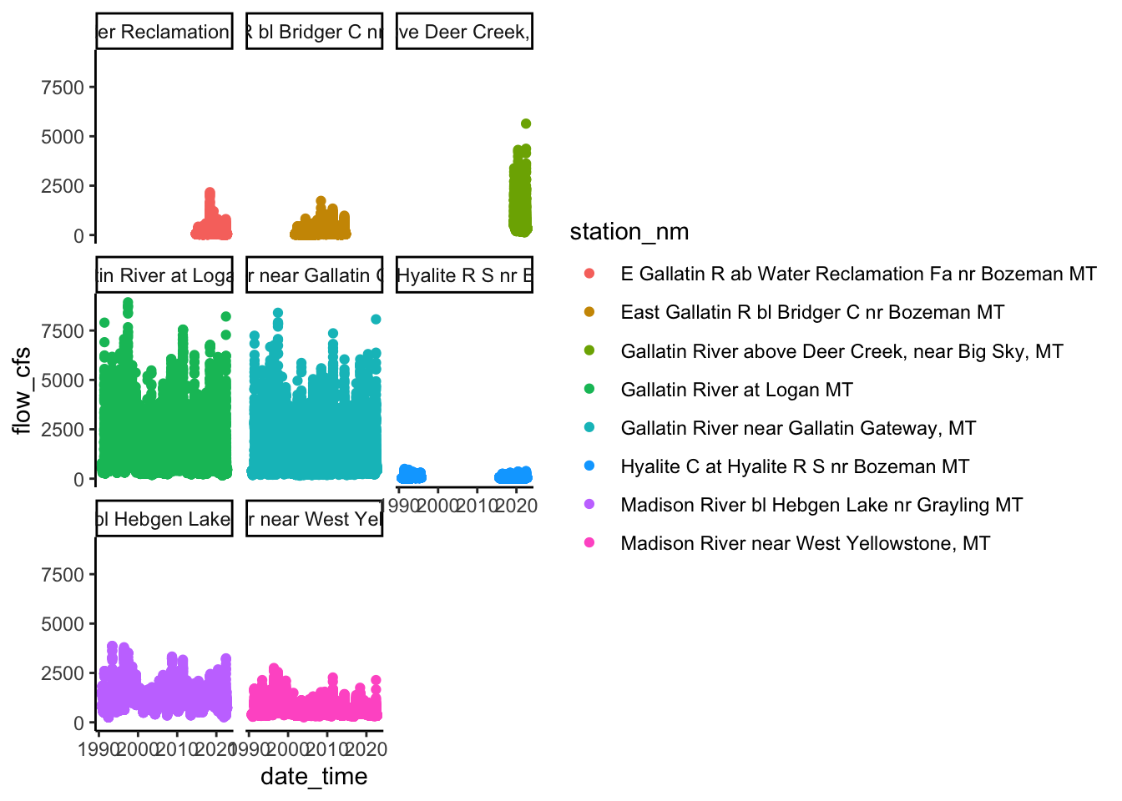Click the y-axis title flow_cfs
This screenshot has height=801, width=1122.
pos(22,390)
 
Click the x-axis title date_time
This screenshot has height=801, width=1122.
pos(314,777)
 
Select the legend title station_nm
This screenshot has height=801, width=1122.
pos(629,232)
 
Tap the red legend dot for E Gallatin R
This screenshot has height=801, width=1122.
pos(589,274)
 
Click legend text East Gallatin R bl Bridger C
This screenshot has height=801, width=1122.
pos(812,313)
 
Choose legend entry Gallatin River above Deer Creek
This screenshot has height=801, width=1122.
pos(841,351)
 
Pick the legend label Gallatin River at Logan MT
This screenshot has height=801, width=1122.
pos(736,390)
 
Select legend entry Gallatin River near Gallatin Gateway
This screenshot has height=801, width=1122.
pos(798,428)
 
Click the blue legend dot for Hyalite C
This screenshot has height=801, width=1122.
pos(589,466)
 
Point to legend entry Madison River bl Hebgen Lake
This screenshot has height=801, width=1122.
pos(821,505)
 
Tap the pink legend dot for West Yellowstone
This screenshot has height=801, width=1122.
pos(589,543)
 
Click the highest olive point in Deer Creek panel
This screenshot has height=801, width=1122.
pos(526,123)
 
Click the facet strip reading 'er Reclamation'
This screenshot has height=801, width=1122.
pos(164,32)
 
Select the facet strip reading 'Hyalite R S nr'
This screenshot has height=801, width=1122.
pos(464,275)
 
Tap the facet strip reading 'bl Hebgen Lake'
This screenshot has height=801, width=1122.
pos(164,519)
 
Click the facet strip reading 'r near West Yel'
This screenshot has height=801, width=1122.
pos(315,519)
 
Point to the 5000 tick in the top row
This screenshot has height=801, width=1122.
pos(63,137)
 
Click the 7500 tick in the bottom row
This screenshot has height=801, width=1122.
pos(63,575)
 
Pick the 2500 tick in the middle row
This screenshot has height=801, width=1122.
pos(63,430)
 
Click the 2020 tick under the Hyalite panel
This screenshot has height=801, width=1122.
pos(517,506)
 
